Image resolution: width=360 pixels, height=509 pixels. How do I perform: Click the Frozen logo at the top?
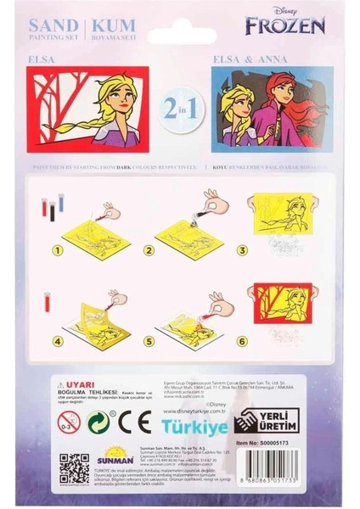pyautogui.click(x=285, y=25)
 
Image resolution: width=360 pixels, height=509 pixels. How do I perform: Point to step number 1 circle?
pyautogui.click(x=59, y=250)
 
